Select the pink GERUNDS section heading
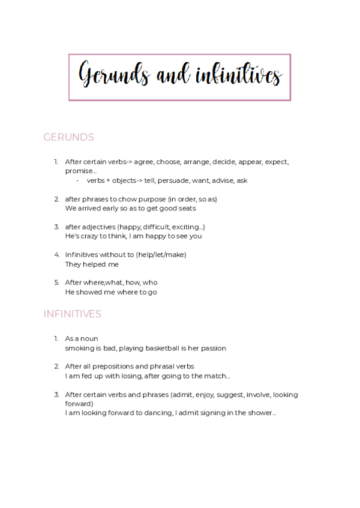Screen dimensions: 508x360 (x=68, y=137)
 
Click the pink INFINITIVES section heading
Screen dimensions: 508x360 (x=72, y=314)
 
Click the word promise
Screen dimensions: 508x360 (x=79, y=171)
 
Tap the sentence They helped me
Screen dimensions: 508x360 (x=92, y=264)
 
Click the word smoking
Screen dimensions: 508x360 (x=80, y=348)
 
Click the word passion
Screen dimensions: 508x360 (x=212, y=348)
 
